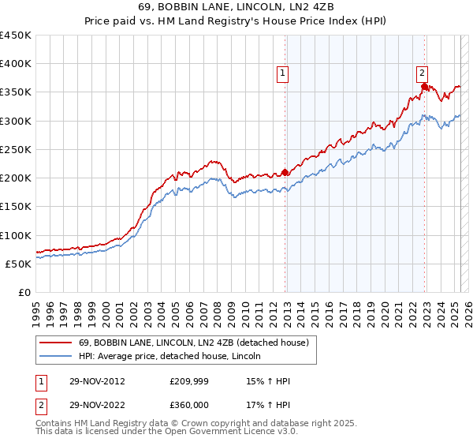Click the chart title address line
point(236,9)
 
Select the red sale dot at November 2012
point(285,172)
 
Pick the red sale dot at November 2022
point(424,87)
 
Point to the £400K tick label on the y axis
point(16,64)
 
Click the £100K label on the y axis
point(16,235)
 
